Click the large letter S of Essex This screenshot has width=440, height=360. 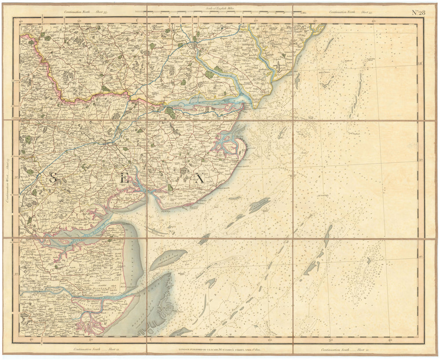pyautogui.click(x=52, y=178)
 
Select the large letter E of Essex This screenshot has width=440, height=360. pyautogui.click(x=125, y=179)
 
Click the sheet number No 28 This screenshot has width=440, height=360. pyautogui.click(x=418, y=12)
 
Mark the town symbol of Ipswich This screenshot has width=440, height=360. pyautogui.click(x=194, y=45)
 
